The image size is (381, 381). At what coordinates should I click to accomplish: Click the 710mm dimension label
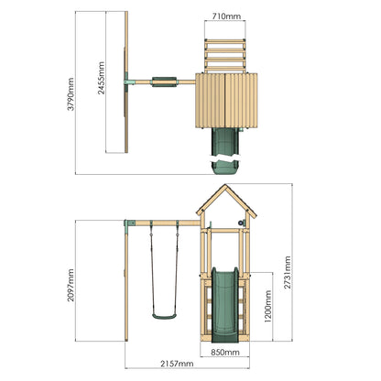(x=225, y=16)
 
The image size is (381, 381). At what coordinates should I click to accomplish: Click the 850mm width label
(x=226, y=351)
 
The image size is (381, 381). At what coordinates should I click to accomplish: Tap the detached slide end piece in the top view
(x=224, y=166)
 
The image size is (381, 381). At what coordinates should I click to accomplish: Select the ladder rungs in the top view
(x=225, y=51)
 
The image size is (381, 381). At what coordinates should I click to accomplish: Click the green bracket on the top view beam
(x=132, y=82)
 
